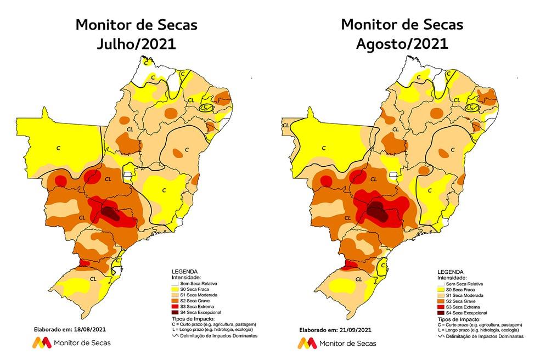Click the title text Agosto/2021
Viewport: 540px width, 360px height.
coord(402,44)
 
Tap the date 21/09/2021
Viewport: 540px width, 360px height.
coord(349,330)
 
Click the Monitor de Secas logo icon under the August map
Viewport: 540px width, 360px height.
coord(307,344)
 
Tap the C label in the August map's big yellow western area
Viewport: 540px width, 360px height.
coord(323,147)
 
